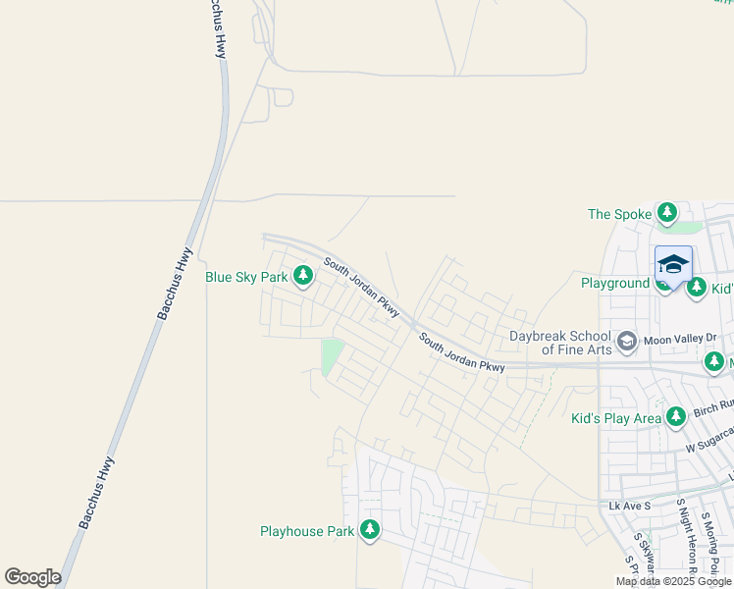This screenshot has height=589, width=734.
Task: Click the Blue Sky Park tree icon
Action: (x=303, y=277)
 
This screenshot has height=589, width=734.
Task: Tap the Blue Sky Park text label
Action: (x=246, y=277)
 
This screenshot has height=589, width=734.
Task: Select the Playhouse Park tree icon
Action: (x=370, y=531)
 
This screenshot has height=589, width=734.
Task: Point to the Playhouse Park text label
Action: (x=306, y=531)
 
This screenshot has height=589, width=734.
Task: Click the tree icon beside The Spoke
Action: (x=667, y=213)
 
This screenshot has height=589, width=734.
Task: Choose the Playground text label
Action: (x=615, y=283)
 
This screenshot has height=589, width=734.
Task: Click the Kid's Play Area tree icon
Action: (x=675, y=418)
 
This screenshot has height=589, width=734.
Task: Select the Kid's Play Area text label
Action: (x=617, y=418)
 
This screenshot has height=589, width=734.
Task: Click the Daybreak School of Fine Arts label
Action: (x=560, y=342)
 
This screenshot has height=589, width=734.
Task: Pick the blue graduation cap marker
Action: (x=673, y=265)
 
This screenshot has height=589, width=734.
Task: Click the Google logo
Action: (x=32, y=577)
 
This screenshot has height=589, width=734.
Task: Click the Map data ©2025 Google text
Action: (x=674, y=581)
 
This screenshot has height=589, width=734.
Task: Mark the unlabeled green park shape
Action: (x=332, y=355)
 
